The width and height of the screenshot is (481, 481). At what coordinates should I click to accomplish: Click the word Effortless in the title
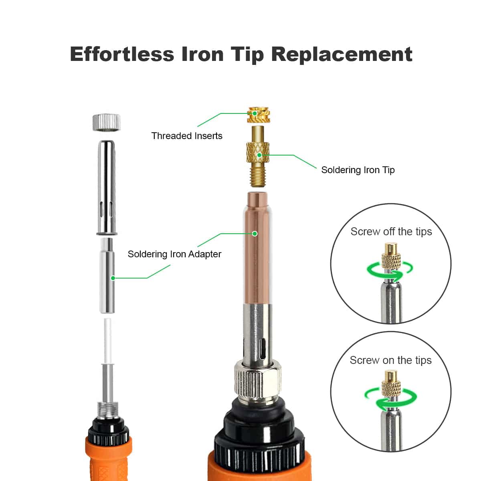click(x=122, y=54)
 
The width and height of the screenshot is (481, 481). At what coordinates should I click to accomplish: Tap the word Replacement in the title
click(x=342, y=55)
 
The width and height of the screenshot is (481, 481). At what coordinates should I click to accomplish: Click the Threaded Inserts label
click(x=187, y=136)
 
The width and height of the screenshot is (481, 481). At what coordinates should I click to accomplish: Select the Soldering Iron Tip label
click(x=358, y=170)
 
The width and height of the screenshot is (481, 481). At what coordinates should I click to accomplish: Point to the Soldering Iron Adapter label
click(x=174, y=254)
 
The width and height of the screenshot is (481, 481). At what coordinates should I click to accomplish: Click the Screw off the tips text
click(x=391, y=232)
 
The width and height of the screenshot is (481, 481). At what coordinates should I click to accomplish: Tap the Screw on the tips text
click(x=391, y=360)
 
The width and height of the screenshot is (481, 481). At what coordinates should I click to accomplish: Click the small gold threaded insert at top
click(x=258, y=115)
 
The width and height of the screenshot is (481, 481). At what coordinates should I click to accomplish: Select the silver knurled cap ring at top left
click(x=107, y=122)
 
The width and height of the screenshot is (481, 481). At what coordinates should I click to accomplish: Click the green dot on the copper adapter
click(x=255, y=234)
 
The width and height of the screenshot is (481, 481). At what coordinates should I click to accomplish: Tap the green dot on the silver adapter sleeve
click(x=113, y=278)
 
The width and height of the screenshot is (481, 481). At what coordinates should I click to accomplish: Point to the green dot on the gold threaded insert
click(x=255, y=113)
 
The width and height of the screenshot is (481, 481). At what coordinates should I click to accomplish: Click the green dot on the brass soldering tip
click(x=259, y=155)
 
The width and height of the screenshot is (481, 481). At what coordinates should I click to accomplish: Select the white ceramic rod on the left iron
click(x=107, y=341)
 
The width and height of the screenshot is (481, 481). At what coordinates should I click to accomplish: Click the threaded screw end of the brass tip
click(x=258, y=177)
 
